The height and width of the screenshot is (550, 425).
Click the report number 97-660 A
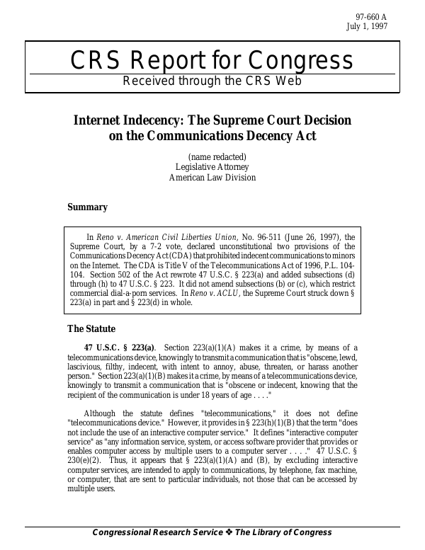pos(389,18)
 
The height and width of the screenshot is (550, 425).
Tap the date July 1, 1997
pos(386,28)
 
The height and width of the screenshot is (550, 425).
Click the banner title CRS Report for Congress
pos(212,62)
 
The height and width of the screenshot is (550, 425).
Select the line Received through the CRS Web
pos(212,81)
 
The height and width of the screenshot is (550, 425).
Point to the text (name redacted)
pos(217,156)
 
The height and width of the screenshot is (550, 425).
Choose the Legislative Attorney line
pos(212,167)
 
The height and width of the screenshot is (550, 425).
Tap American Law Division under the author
pos(212,178)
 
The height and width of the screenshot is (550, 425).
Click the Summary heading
pos(87,207)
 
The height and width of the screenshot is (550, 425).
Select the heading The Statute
pos(91,328)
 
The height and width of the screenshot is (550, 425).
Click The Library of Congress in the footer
pos(284,532)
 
